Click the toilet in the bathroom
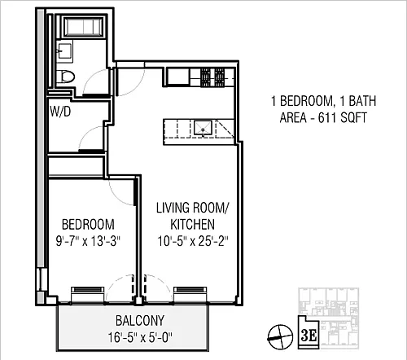[x=66, y=77]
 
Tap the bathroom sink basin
[x=64, y=51]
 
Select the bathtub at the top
[x=83, y=26]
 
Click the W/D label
[x=60, y=112]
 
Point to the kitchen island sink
[x=203, y=128]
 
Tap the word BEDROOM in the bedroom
[x=88, y=225]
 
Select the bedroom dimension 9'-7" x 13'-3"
[x=88, y=241]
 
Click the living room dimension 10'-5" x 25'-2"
[x=193, y=241]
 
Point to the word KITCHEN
[x=192, y=225]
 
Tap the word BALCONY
[x=140, y=321]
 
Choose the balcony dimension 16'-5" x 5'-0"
[x=140, y=338]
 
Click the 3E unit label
[x=309, y=336]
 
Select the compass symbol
[x=280, y=337]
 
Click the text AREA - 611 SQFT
[x=323, y=118]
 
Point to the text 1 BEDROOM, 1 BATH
[x=324, y=101]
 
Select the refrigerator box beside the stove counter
[x=177, y=77]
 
